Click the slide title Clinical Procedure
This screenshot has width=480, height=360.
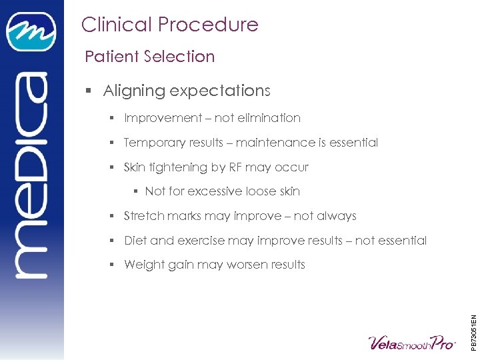coord(169,25)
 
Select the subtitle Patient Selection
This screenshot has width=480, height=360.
coord(149,57)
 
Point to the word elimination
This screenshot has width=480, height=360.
coord(269,118)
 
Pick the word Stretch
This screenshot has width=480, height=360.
coord(143,216)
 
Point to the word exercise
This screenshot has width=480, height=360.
coord(195,241)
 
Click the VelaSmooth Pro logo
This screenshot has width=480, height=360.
coord(411,343)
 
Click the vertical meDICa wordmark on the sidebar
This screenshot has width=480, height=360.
coord(31,177)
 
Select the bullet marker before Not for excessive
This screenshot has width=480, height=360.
coord(135,192)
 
